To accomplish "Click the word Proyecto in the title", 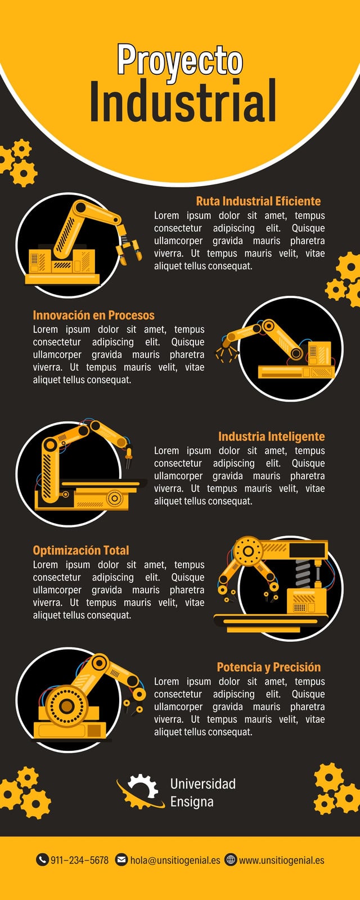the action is (180, 60).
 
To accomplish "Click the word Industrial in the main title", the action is (183, 101).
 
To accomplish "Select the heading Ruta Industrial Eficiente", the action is (258, 201).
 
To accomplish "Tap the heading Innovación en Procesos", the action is (93, 315).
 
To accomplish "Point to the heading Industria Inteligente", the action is (271, 436).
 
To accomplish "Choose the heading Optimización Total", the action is (81, 550).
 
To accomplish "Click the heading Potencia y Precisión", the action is (269, 667).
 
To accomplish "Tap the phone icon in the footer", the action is (42, 859).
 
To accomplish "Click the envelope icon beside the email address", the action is (121, 859).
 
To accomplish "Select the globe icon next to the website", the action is (231, 859).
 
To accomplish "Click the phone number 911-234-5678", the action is (79, 860).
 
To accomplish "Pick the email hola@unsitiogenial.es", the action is (175, 860).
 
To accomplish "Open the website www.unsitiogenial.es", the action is (282, 860).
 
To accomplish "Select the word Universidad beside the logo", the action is (203, 784).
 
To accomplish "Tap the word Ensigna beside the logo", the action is (192, 802).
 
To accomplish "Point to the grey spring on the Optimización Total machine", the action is (303, 573).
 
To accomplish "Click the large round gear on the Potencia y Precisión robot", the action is (66, 706).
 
